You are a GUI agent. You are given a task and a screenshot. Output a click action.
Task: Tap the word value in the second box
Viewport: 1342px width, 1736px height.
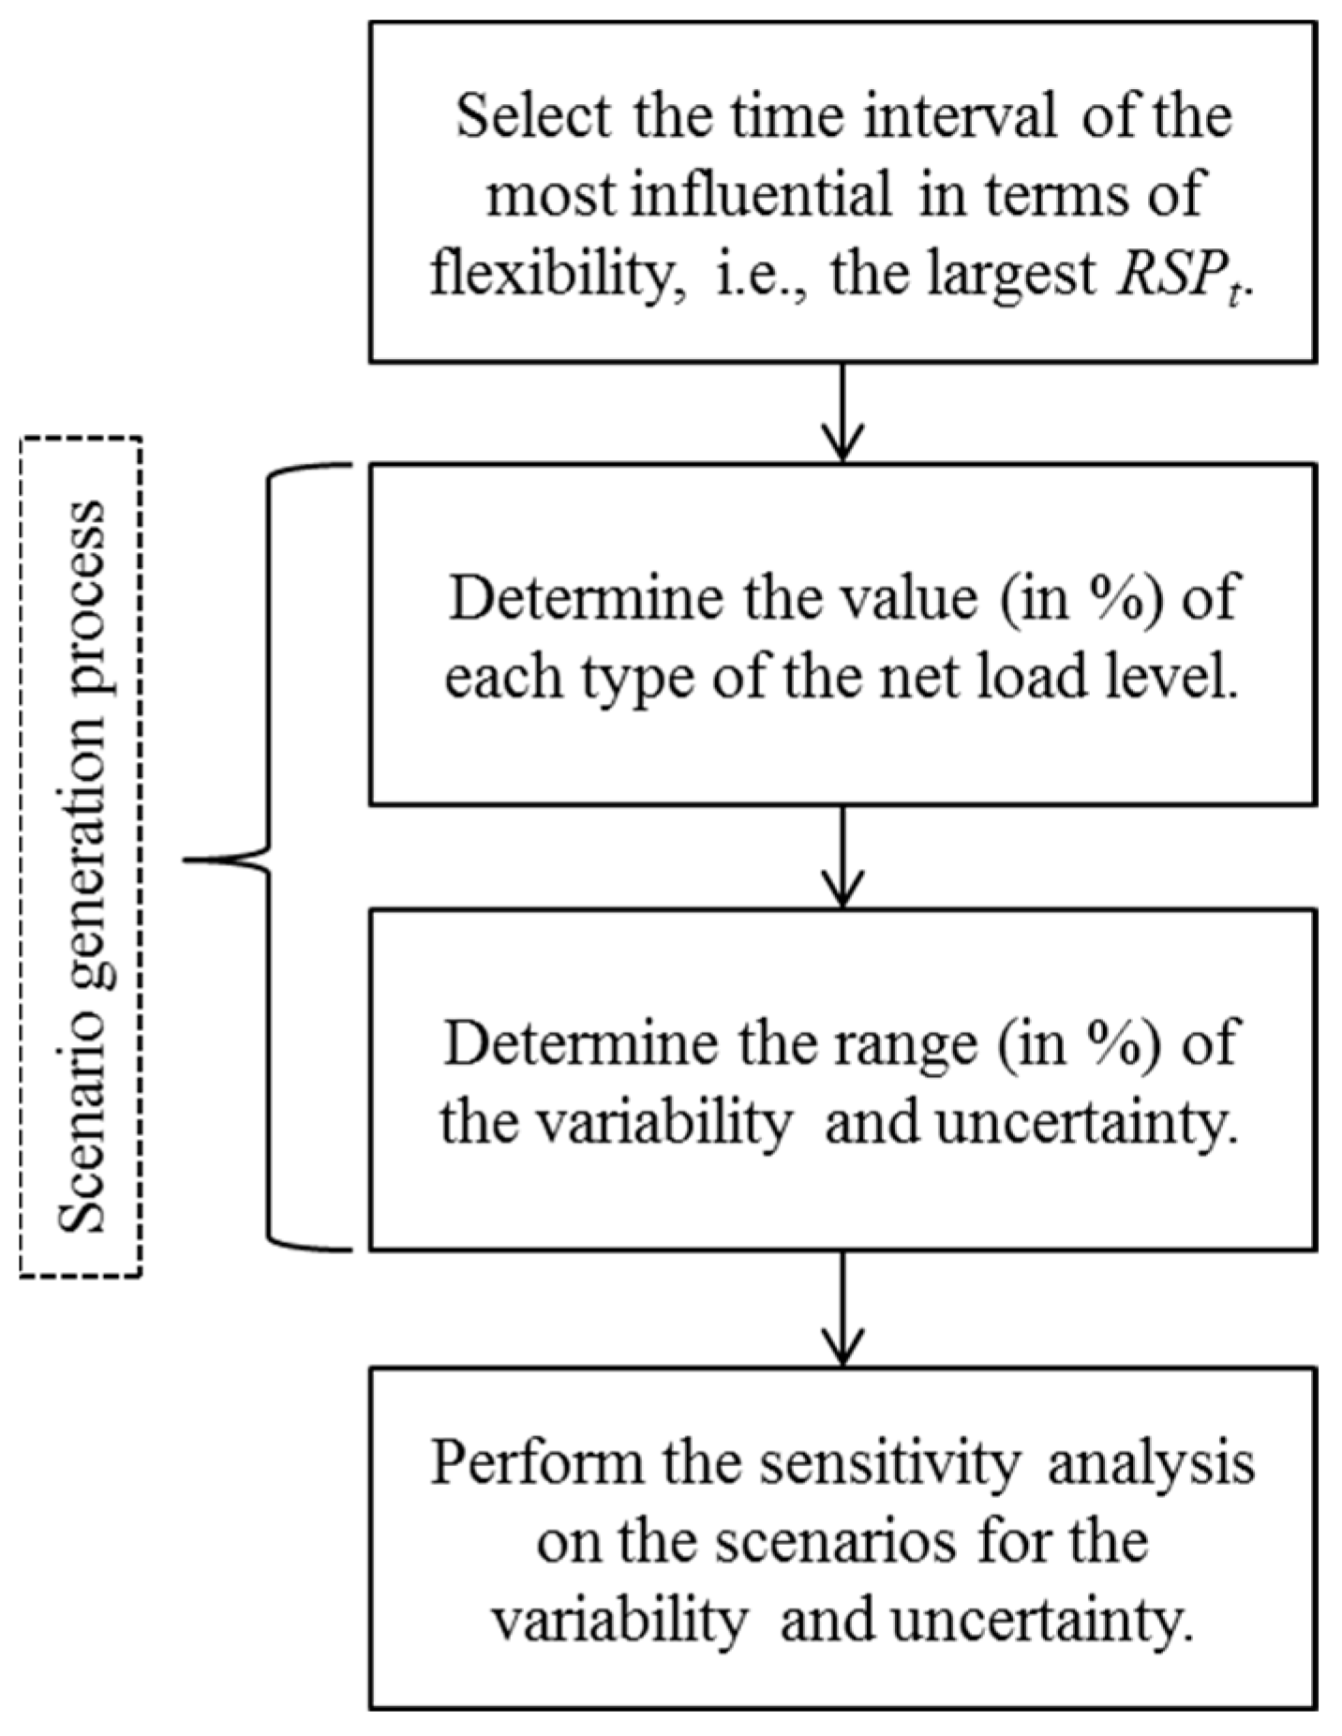point(896,597)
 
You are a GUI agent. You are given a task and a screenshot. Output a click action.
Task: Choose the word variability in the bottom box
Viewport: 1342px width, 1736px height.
point(619,1620)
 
